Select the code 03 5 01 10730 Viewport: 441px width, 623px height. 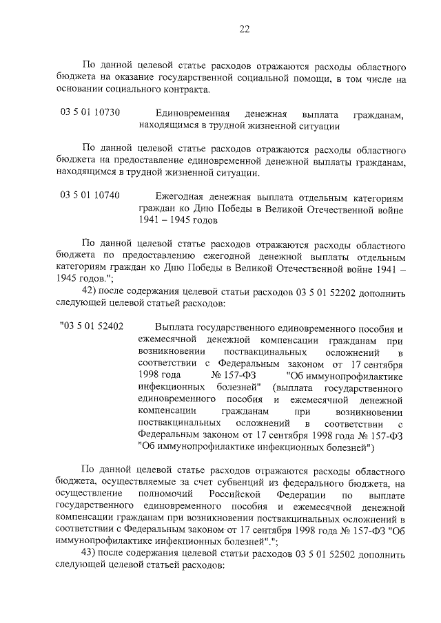click(90, 113)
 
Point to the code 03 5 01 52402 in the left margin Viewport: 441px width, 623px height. click(92, 326)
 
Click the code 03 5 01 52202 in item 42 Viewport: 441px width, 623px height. click(323, 292)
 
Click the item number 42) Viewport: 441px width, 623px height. click(92, 292)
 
